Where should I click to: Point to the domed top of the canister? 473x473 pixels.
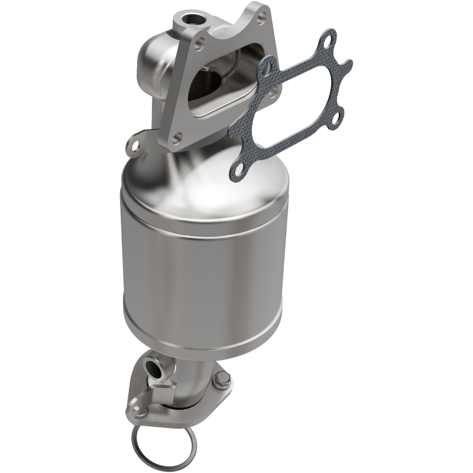point(195,177)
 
